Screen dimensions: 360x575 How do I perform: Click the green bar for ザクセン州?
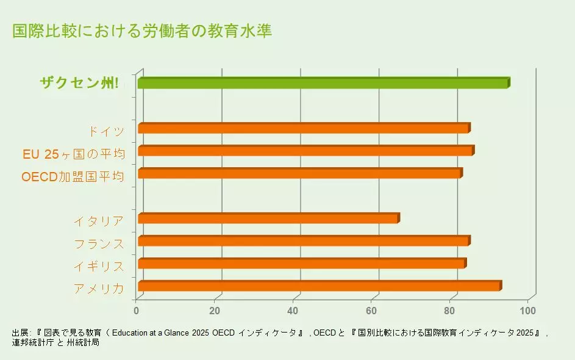pyautogui.click(x=323, y=83)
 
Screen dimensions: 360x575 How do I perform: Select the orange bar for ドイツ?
pyautogui.click(x=303, y=128)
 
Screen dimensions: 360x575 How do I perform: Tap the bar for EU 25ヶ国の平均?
pyautogui.click(x=305, y=151)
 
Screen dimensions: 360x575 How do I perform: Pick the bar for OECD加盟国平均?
pyautogui.click(x=299, y=173)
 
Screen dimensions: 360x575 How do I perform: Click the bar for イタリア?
pyautogui.click(x=268, y=218)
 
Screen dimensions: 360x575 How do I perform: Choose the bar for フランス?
pyautogui.click(x=303, y=241)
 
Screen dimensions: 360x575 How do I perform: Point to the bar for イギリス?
pyautogui.click(x=301, y=264)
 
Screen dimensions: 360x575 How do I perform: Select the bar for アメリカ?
pyautogui.click(x=319, y=286)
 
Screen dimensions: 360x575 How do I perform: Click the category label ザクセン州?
pyautogui.click(x=79, y=84)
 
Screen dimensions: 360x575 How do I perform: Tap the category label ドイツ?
pyautogui.click(x=106, y=131)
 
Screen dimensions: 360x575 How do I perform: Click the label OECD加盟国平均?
pyautogui.click(x=73, y=177)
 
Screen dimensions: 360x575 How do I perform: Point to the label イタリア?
pyautogui.click(x=99, y=221)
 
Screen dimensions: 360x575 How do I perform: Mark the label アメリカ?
pyautogui.click(x=99, y=289)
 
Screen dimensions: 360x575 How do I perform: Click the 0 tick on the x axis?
pyautogui.click(x=137, y=311)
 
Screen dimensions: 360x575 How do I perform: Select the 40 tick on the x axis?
pyautogui.click(x=294, y=311)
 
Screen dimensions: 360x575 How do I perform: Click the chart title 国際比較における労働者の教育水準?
pyautogui.click(x=142, y=31)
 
